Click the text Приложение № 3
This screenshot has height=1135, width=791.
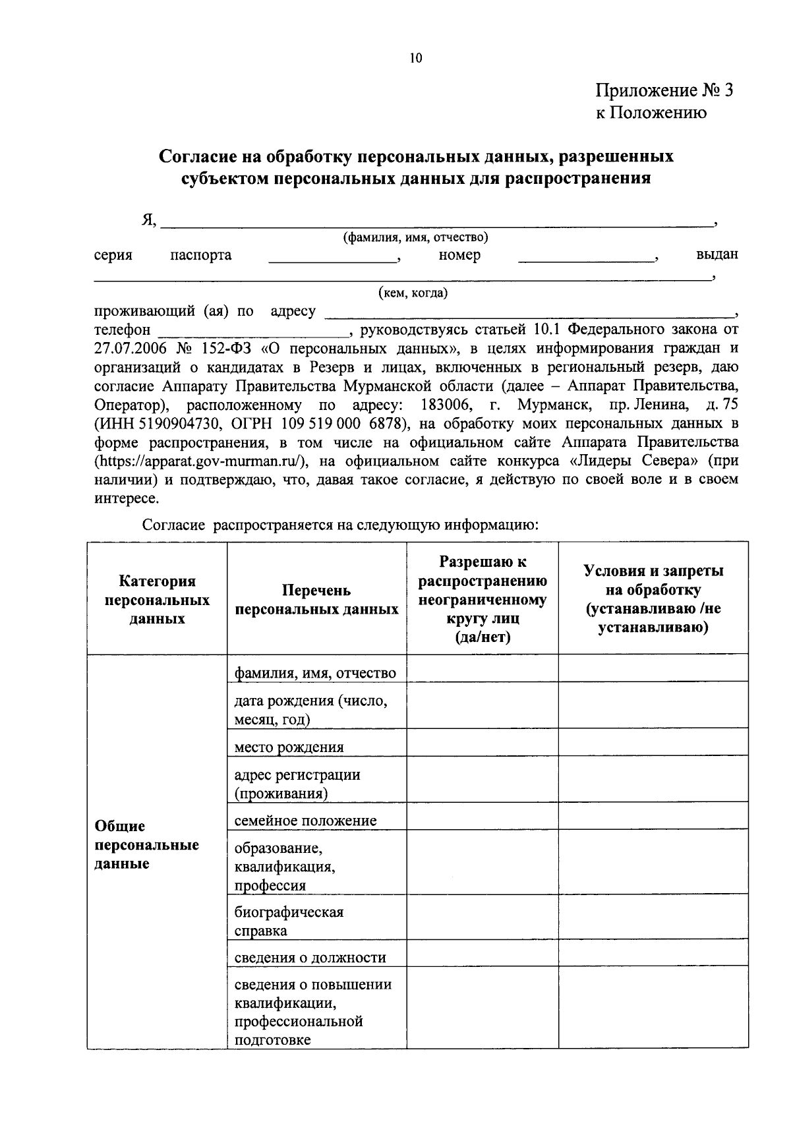click(664, 90)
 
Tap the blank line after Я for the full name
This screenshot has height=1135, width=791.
click(435, 223)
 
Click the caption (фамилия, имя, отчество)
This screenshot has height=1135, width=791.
click(415, 237)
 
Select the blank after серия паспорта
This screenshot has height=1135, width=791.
click(333, 258)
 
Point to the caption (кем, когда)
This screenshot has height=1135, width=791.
click(413, 293)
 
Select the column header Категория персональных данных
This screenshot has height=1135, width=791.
click(157, 600)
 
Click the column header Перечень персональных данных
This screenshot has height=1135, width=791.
click(316, 600)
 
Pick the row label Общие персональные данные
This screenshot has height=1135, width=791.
click(146, 845)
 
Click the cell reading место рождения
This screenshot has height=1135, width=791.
click(289, 747)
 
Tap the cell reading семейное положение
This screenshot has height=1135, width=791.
click(306, 821)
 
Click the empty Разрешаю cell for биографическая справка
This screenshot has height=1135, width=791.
click(482, 921)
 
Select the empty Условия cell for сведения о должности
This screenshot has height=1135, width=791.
click(653, 958)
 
